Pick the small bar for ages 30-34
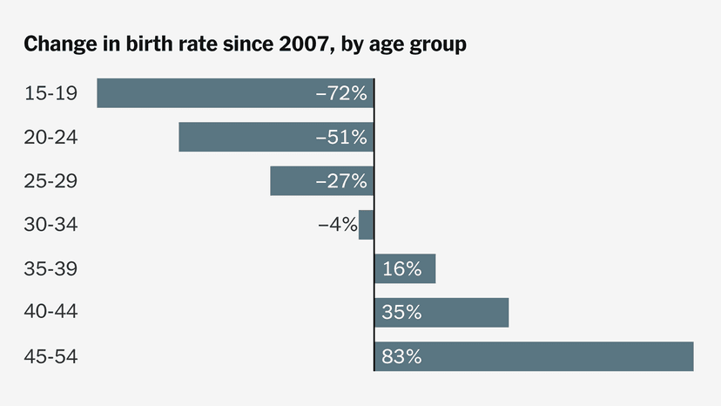pos(367,225)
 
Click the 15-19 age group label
pos(51,93)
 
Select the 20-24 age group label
pos(51,137)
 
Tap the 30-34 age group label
pos(51,225)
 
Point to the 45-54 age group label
pos(51,356)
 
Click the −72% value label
pos(341,93)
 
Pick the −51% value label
pos(341,137)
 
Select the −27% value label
pos(341,181)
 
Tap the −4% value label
pos(337,225)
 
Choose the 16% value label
pos(401,269)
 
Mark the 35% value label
pos(401,313)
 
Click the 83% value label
pos(401,356)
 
